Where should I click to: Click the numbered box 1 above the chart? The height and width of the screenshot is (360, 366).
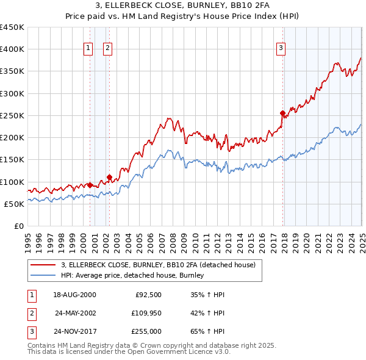pyautogui.click(x=88, y=48)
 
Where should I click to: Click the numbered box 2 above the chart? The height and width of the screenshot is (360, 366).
pyautogui.click(x=107, y=48)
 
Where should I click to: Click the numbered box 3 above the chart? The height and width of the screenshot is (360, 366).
pyautogui.click(x=281, y=48)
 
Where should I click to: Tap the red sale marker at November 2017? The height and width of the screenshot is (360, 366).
pyautogui.click(x=282, y=113)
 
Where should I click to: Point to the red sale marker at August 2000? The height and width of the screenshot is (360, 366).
pyautogui.click(x=90, y=185)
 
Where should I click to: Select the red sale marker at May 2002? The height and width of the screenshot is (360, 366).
pyautogui.click(x=109, y=178)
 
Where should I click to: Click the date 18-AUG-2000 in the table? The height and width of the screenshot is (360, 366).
pyautogui.click(x=74, y=295)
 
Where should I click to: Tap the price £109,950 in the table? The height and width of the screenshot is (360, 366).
pyautogui.click(x=145, y=314)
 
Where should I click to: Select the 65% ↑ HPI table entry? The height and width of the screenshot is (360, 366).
pyautogui.click(x=208, y=333)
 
